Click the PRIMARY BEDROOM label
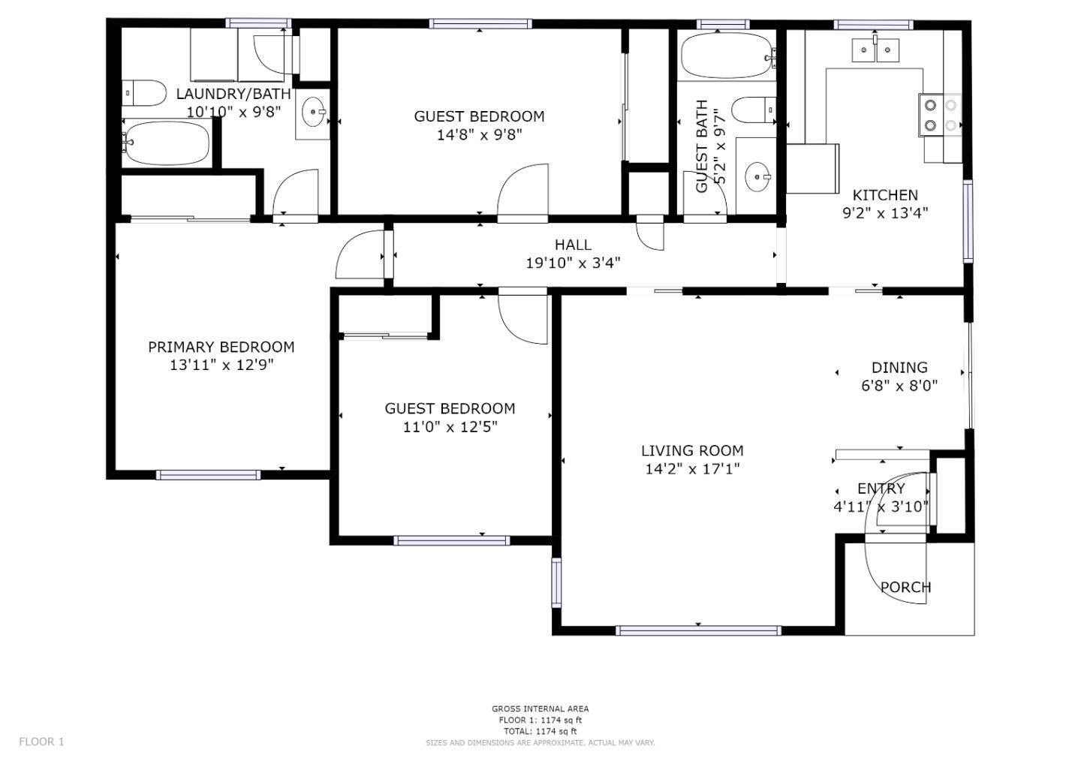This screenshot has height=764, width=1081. pyautogui.click(x=221, y=347)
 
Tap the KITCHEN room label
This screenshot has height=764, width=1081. pyautogui.click(x=885, y=195)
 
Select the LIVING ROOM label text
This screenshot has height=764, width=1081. pyautogui.click(x=692, y=450)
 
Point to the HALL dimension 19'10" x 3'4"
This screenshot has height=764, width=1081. pyautogui.click(x=573, y=263)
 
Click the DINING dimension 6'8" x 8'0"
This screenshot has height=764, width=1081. pyautogui.click(x=899, y=386)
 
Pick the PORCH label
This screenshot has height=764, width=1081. pyautogui.click(x=905, y=587)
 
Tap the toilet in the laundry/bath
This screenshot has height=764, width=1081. pyautogui.click(x=144, y=94)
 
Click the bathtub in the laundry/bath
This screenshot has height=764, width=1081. pyautogui.click(x=167, y=143)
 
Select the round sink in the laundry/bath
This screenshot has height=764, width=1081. pyautogui.click(x=312, y=113)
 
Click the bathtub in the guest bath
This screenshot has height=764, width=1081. pyautogui.click(x=727, y=56)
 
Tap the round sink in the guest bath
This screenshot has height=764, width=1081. pyautogui.click(x=756, y=177)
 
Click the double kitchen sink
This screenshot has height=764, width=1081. pyautogui.click(x=875, y=50)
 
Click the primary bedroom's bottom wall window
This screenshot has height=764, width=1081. pyautogui.click(x=208, y=474)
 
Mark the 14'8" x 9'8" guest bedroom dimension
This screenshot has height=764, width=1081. pyautogui.click(x=479, y=135)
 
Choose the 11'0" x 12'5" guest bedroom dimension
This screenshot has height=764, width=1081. pyautogui.click(x=450, y=427)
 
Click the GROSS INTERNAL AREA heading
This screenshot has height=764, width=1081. pyautogui.click(x=540, y=708)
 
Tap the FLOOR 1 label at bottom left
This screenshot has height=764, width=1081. pyautogui.click(x=41, y=741)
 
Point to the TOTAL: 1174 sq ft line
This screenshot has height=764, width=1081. pyautogui.click(x=540, y=731)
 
